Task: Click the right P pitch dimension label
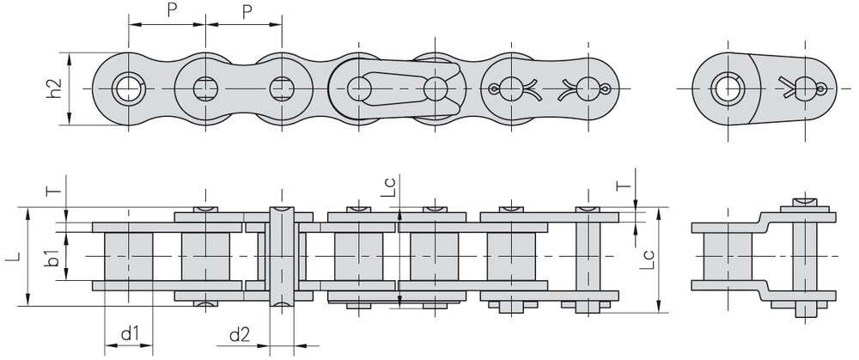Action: tap(247, 12)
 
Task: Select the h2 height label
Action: tap(53, 88)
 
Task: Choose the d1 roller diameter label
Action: tap(130, 333)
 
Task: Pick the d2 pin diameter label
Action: tap(239, 333)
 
